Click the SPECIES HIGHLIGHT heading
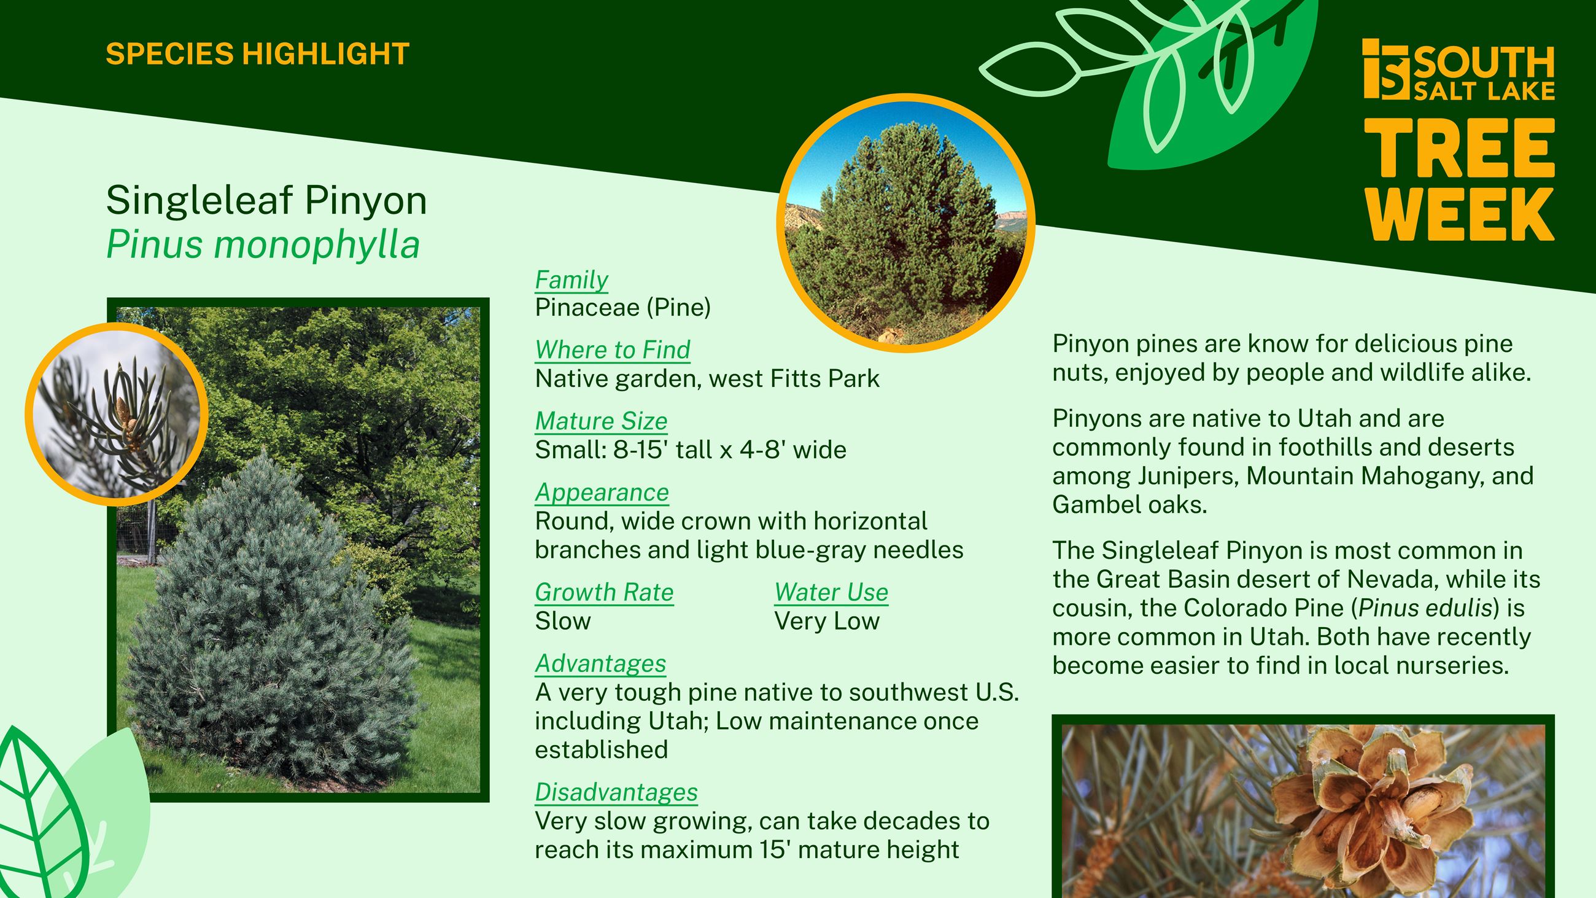(257, 54)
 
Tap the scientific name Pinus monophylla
(263, 245)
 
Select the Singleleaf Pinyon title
(266, 200)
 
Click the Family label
(571, 279)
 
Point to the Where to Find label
(612, 350)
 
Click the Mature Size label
(601, 421)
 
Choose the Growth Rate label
(603, 593)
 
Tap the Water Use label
(831, 593)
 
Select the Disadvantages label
(616, 792)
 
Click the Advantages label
(600, 664)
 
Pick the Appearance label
(602, 493)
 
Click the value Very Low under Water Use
(826, 621)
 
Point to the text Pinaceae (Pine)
(622, 307)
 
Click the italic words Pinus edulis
(1425, 608)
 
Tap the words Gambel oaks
(1129, 505)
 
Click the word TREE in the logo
(1458, 149)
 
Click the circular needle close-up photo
(117, 414)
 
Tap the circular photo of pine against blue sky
(906, 223)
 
